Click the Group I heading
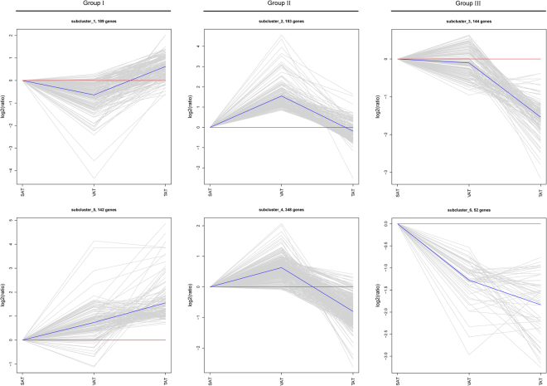coord(92,5)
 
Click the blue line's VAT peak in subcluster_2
coord(281,95)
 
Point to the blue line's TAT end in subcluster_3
coord(540,117)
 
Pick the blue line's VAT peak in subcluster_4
coord(281,267)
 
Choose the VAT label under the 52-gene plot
coord(469,379)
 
